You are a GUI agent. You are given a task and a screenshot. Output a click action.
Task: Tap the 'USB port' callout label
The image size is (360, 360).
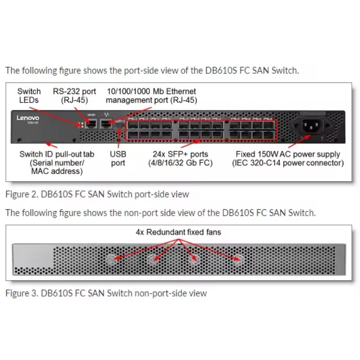coord(118,158)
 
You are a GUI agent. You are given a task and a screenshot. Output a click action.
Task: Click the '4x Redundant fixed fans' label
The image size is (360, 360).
coord(179,233)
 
